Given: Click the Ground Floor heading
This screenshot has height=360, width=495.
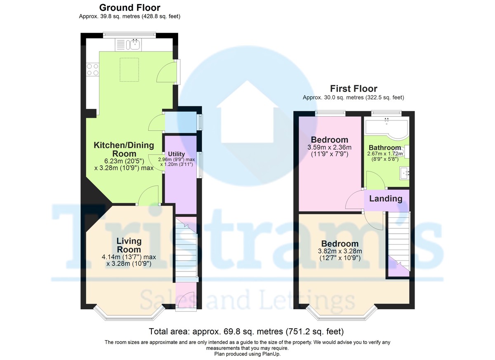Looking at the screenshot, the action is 130,8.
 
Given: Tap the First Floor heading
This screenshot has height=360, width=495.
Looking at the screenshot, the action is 354,89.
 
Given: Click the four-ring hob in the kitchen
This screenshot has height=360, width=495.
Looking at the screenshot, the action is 92,70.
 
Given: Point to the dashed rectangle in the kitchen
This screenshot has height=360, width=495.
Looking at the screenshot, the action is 129,70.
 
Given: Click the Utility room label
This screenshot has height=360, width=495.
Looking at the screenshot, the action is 177,154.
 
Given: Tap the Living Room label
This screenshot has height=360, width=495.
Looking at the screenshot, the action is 129,245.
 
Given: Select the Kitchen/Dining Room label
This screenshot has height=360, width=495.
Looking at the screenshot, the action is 124,149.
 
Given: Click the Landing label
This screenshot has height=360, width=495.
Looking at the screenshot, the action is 386,198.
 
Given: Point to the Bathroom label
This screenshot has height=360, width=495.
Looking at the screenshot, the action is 385,148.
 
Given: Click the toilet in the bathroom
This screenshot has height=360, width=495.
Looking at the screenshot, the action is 404,152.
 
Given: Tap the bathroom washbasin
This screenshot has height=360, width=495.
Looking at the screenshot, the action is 404,173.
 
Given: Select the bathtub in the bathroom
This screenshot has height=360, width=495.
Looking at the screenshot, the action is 387,128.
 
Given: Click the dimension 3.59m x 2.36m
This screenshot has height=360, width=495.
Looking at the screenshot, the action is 329,147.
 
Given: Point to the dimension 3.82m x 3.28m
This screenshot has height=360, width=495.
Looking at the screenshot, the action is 340,251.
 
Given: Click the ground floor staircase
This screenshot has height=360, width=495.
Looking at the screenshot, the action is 186,249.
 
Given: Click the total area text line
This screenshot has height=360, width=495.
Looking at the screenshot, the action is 246,331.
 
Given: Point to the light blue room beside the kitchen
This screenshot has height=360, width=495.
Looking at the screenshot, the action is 181,122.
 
